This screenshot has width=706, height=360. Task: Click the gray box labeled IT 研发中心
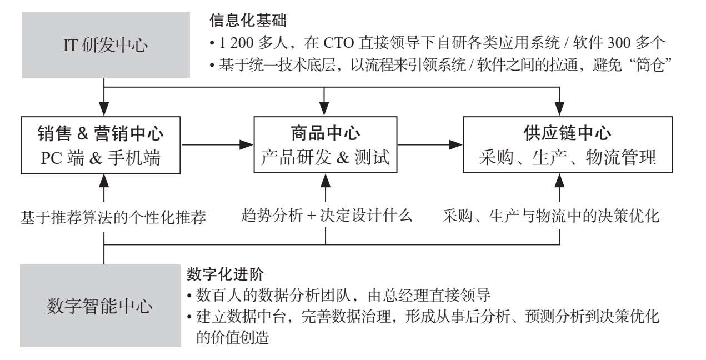coord(106,45)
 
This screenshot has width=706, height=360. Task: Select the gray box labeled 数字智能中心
coord(100,306)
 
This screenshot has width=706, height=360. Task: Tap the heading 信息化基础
coord(248,21)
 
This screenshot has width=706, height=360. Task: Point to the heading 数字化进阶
coord(225,274)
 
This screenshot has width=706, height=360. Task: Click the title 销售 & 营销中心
coord(101,133)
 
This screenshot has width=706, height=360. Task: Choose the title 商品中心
coord(326,133)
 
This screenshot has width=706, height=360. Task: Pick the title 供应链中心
coord(567,133)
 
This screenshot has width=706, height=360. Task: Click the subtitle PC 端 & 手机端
coord(101,158)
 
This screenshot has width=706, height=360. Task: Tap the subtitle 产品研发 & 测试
coord(326,157)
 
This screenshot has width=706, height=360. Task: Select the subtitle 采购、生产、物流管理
coord(567,157)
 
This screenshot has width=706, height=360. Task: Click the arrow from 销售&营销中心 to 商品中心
coord(218,144)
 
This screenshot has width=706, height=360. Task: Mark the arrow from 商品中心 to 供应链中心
coord(430,144)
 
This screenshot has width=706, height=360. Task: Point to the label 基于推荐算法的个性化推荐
coord(113,217)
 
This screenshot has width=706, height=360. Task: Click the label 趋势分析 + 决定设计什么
coord(327,216)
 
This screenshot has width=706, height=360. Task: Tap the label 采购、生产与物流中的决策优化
coord(550,216)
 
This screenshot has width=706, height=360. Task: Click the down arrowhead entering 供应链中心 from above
coord(559,108)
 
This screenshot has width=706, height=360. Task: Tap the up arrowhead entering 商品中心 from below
coord(326,181)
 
